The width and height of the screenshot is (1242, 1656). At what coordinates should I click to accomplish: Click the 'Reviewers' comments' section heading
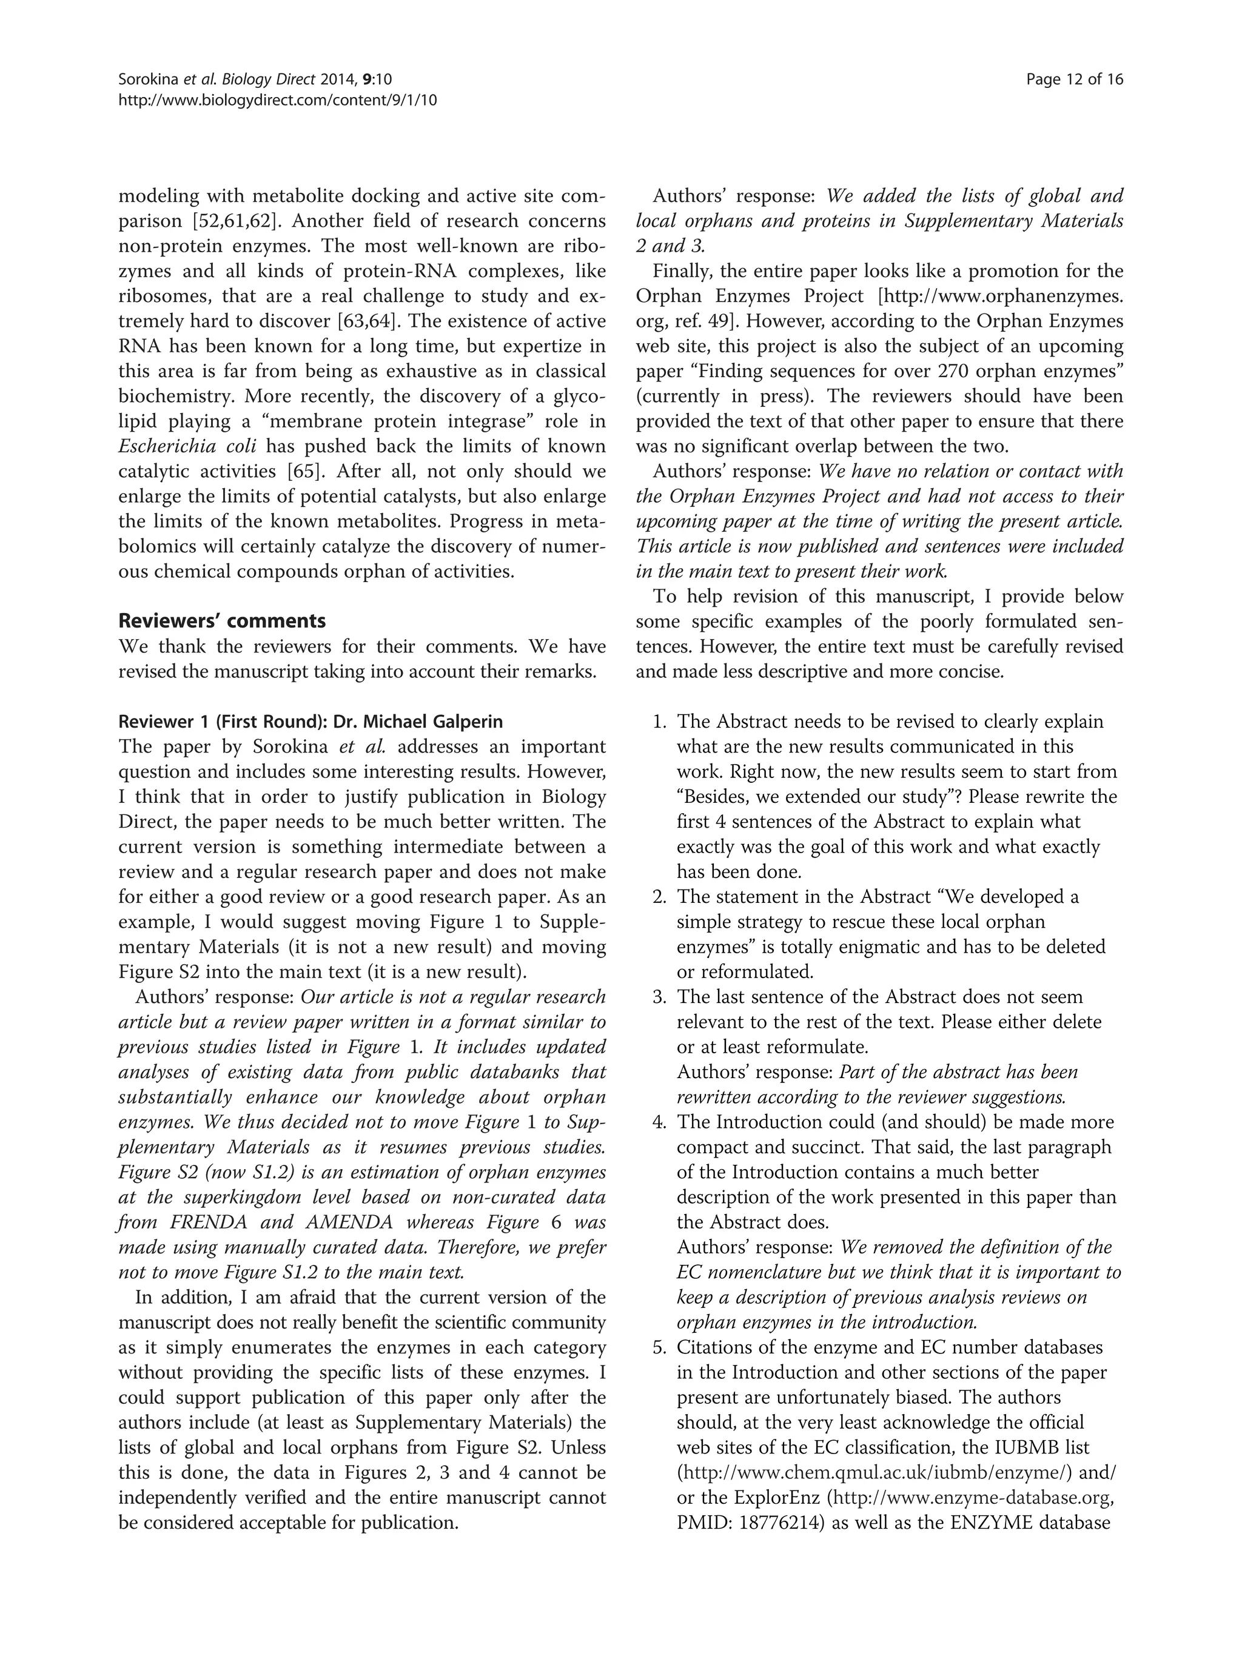click(x=223, y=621)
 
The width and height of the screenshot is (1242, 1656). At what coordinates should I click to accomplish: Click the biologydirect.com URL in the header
click(x=278, y=99)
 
